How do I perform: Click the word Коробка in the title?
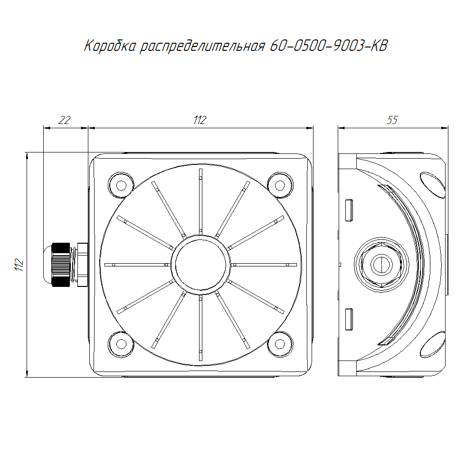(x=110, y=46)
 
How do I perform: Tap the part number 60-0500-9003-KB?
(x=329, y=46)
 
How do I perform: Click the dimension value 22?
(x=64, y=120)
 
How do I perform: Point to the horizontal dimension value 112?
(x=200, y=120)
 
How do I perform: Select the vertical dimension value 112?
(x=19, y=265)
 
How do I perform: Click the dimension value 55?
(x=392, y=120)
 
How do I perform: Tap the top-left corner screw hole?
(x=121, y=185)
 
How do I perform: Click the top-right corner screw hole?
(x=280, y=185)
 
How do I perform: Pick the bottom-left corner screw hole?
(x=121, y=344)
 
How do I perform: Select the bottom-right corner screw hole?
(x=280, y=344)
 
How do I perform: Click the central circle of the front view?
(x=200, y=265)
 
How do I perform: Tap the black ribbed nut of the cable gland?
(x=61, y=265)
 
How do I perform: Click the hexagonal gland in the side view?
(x=381, y=265)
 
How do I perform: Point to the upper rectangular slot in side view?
(x=349, y=210)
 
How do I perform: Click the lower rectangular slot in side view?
(x=349, y=319)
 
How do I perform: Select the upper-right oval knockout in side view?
(x=433, y=185)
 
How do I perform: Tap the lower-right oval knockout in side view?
(x=433, y=344)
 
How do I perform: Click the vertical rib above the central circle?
(x=200, y=201)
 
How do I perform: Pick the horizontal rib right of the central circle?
(x=263, y=265)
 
